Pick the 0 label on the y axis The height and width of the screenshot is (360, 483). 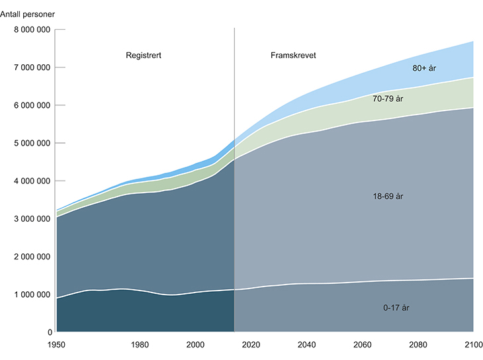pos(49,332)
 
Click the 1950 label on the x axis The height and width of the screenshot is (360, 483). pos(56,345)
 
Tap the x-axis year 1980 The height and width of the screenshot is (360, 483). pos(140,345)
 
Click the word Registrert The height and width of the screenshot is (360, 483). pos(144,56)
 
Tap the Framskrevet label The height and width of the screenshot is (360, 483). pos(294,56)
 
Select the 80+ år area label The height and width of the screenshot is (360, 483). pos(425,67)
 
